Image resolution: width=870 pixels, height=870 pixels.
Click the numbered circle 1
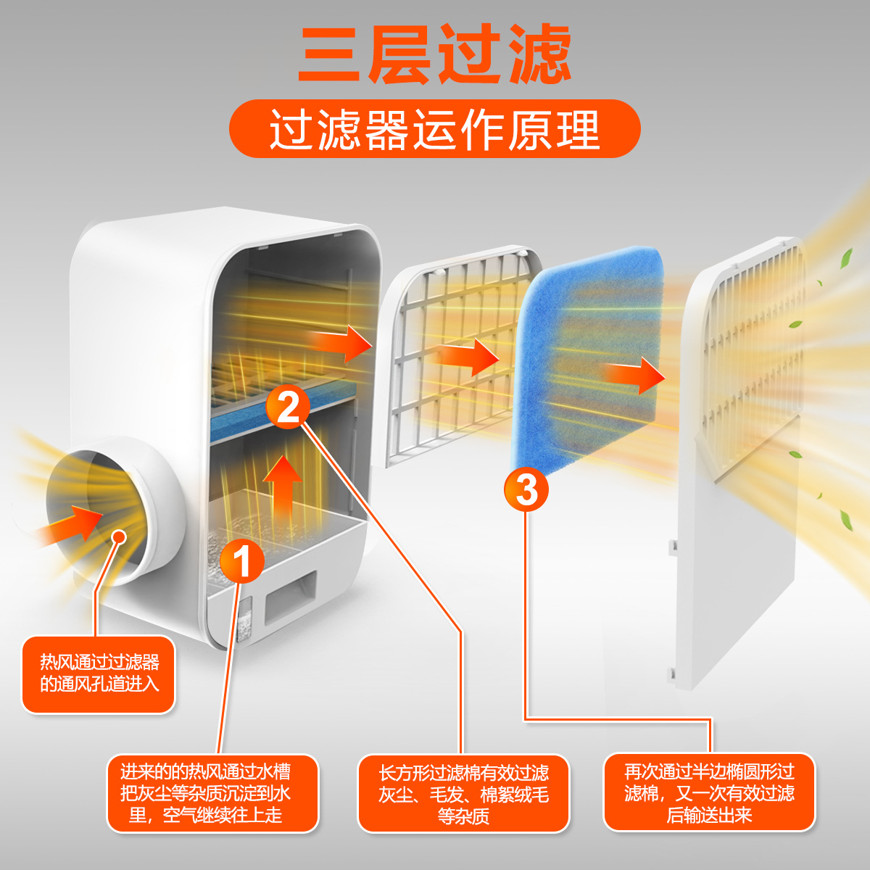click(242, 561)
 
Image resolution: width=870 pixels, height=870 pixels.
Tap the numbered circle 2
click(288, 407)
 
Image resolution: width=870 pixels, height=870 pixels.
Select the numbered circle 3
click(526, 489)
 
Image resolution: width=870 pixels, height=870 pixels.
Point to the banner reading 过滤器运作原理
click(434, 129)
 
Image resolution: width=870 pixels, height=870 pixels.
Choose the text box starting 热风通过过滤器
click(99, 674)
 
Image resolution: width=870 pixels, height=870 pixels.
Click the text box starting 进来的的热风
click(212, 794)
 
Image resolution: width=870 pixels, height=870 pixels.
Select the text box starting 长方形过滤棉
click(463, 794)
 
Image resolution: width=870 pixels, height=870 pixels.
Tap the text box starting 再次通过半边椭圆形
click(709, 792)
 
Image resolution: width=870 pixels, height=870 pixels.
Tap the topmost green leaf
click(845, 258)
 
